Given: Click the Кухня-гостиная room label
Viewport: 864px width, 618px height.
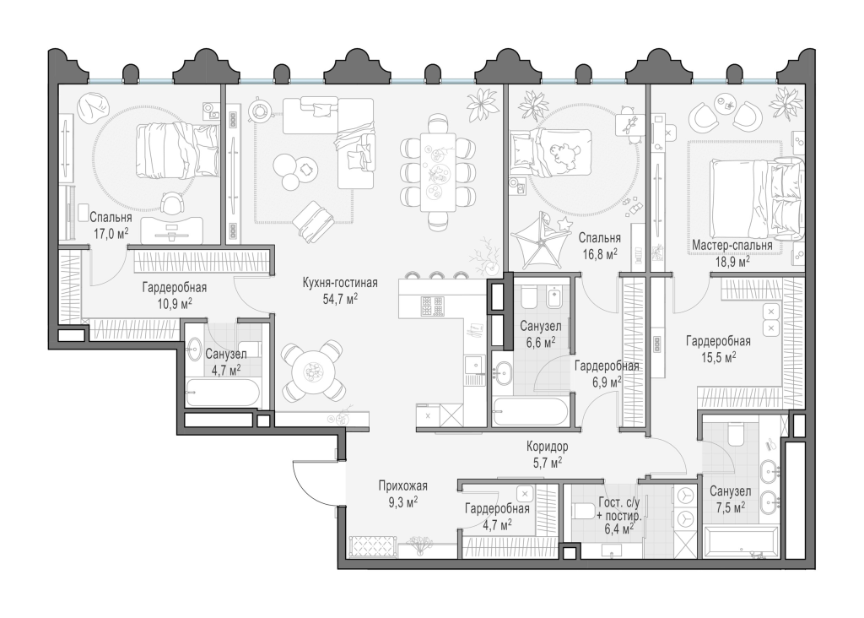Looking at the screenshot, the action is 340,283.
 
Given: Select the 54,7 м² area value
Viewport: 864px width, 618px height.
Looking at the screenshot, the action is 340,299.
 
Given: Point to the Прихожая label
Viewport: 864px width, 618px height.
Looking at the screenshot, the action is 402,486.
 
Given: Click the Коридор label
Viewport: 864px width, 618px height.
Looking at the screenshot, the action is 547,446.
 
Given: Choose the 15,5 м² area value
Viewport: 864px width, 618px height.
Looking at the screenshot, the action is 718,357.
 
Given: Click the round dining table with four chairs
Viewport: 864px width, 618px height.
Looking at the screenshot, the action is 313,371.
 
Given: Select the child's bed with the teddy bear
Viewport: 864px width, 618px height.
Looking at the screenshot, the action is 550,151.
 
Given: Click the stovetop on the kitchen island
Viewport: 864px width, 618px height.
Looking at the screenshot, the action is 433,306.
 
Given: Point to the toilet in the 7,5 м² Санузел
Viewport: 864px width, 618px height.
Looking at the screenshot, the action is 736,434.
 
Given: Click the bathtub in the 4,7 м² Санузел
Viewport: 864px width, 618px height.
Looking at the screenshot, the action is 223,393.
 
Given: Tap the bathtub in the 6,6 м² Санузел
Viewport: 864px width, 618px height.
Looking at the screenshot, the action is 530,412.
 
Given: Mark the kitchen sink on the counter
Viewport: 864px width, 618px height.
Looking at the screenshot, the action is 473,366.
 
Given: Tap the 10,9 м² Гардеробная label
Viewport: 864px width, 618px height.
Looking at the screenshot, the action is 175,295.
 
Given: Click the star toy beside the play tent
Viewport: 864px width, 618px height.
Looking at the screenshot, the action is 564,223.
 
